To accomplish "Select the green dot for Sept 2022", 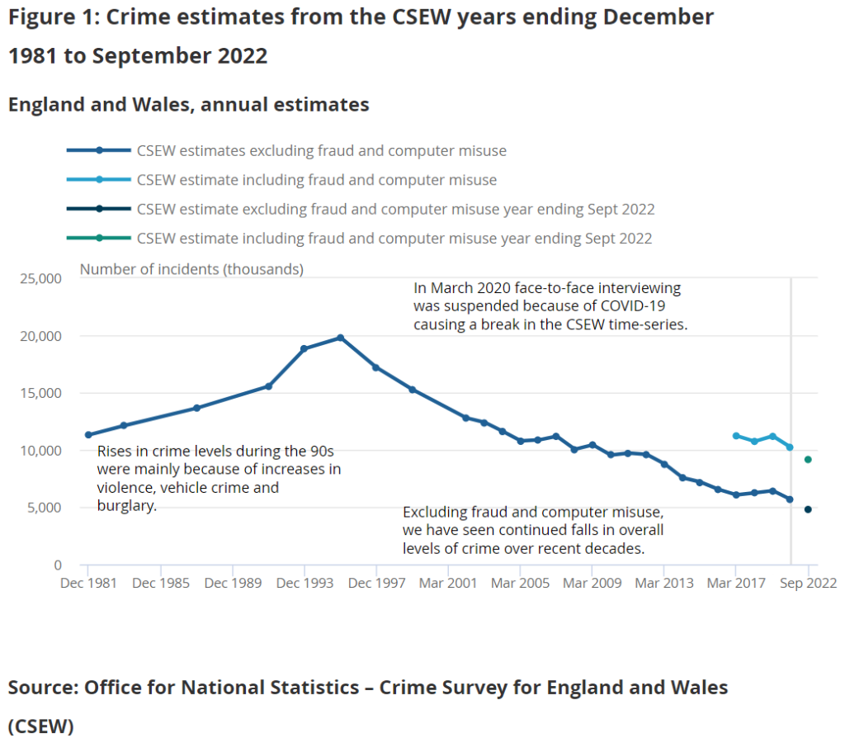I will point(808,460).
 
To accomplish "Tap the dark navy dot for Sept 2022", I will point(808,509).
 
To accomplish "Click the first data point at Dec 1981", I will point(88,435).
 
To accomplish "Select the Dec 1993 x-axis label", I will point(304,583).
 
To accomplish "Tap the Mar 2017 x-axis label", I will point(735,583).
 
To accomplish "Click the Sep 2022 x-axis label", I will point(808,583).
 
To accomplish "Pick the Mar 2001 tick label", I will point(448,583).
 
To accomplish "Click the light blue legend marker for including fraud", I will point(98,180).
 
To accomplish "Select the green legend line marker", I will point(98,239).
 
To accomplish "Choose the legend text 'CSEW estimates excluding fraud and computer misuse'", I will point(321,151).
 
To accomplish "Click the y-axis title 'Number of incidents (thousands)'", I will point(191,269).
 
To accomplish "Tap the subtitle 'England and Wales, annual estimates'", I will point(188,105).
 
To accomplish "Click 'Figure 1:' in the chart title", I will point(51,17).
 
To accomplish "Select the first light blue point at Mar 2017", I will point(735,436).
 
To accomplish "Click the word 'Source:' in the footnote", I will point(43,688).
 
